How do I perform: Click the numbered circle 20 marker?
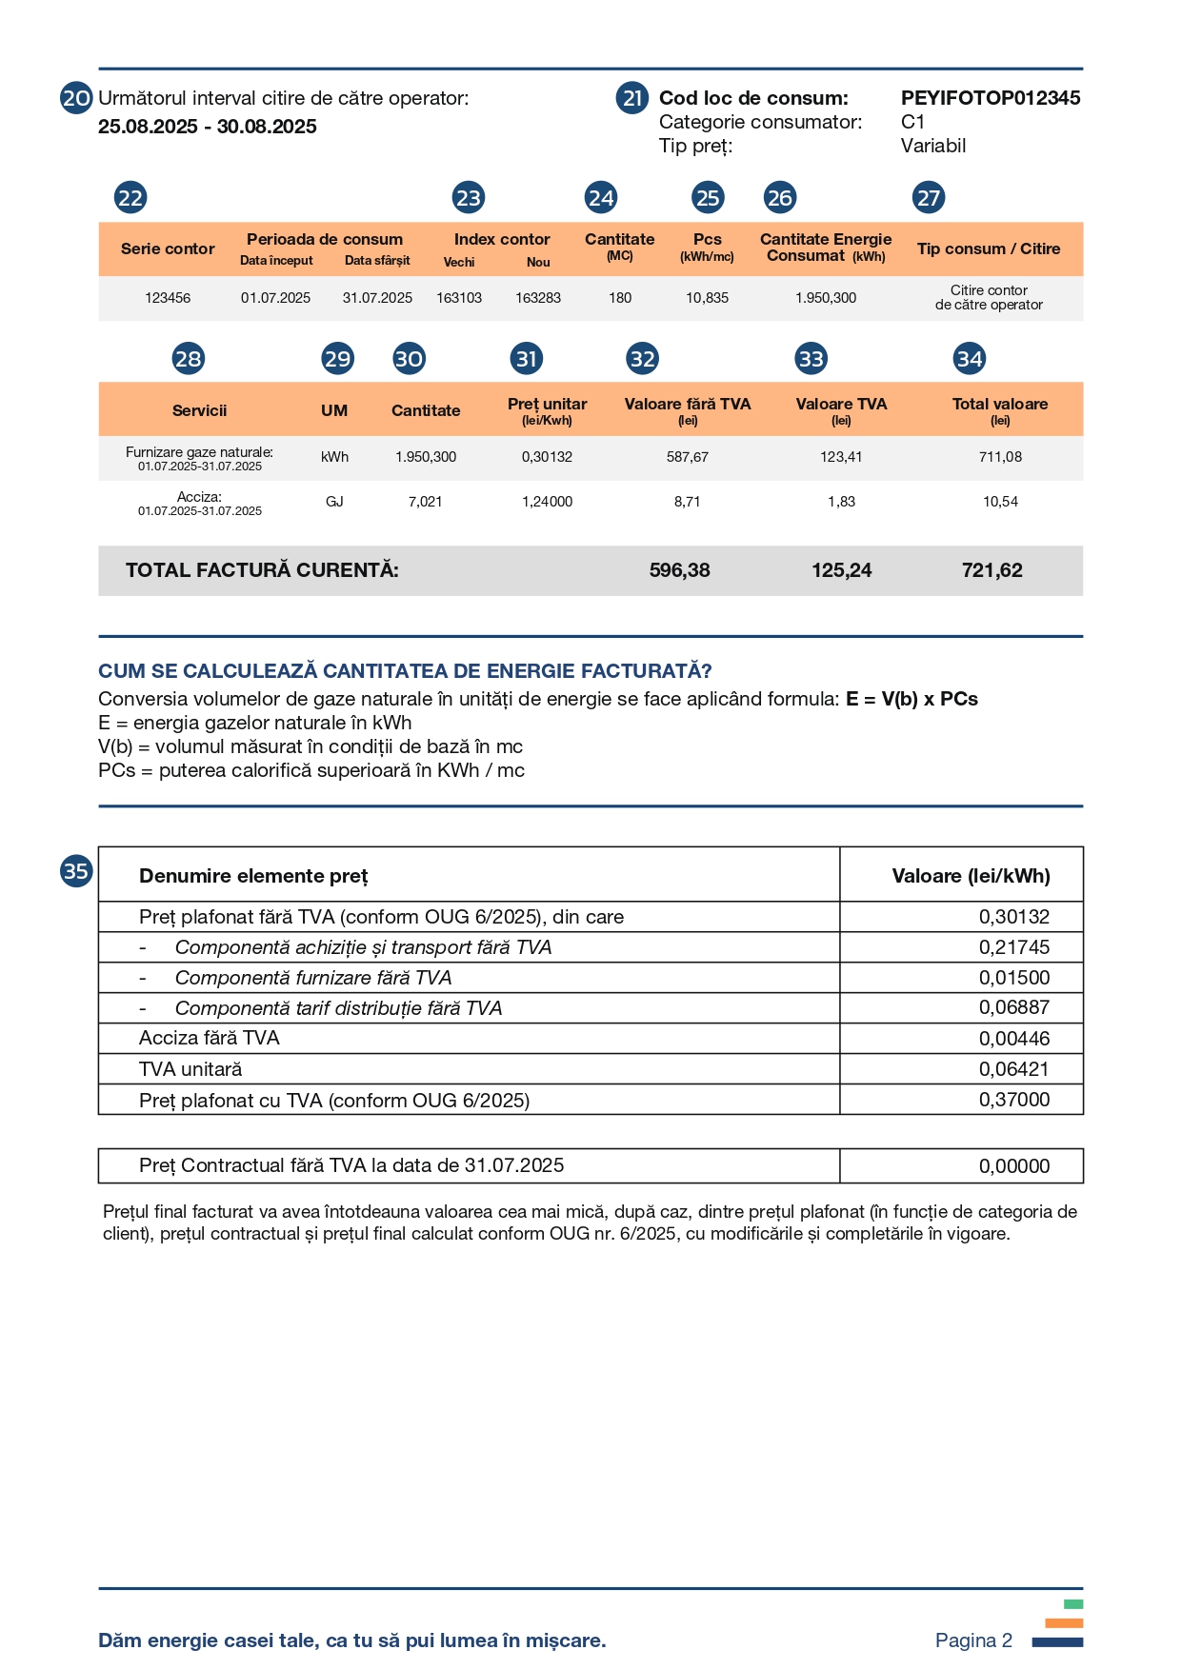[x=76, y=98]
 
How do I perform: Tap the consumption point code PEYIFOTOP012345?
[x=990, y=98]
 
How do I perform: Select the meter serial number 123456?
[x=168, y=298]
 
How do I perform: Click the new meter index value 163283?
[x=538, y=298]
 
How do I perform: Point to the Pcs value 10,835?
[x=707, y=298]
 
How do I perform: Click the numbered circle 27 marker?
[x=928, y=198]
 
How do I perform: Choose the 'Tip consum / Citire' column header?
[x=988, y=249]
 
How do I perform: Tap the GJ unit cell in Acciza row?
[x=334, y=502]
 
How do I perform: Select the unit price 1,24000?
[x=547, y=502]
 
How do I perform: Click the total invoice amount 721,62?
[x=992, y=570]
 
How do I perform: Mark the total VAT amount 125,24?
[x=841, y=570]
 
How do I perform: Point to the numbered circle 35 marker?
[x=76, y=871]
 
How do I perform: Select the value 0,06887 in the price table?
[x=1013, y=1007]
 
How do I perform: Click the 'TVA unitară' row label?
[x=190, y=1069]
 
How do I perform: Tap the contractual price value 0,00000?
[x=1013, y=1166]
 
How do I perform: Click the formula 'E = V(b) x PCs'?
[x=912, y=699]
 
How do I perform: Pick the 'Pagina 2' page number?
[x=973, y=1640]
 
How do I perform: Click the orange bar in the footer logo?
[x=1064, y=1623]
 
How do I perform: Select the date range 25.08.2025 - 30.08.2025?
[x=208, y=127]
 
